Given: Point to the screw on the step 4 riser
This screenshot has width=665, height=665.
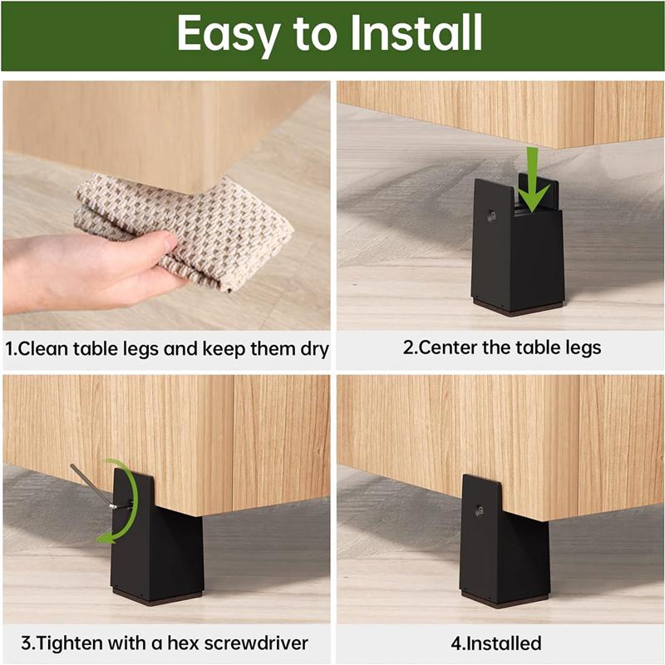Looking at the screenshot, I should coord(480,510).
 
